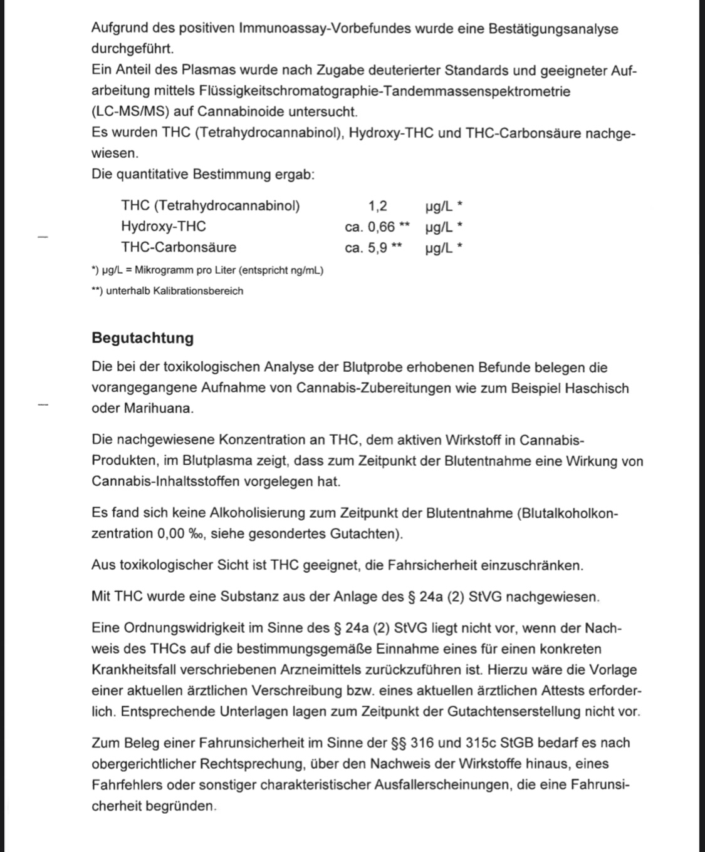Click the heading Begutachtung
[142, 338]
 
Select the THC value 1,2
[377, 206]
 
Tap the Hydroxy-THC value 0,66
[381, 227]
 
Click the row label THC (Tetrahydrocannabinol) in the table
[211, 206]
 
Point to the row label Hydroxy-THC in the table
[164, 227]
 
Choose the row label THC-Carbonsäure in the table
[179, 247]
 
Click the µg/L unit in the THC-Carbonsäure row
[439, 248]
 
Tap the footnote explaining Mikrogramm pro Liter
[207, 270]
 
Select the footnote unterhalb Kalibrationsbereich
[167, 291]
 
